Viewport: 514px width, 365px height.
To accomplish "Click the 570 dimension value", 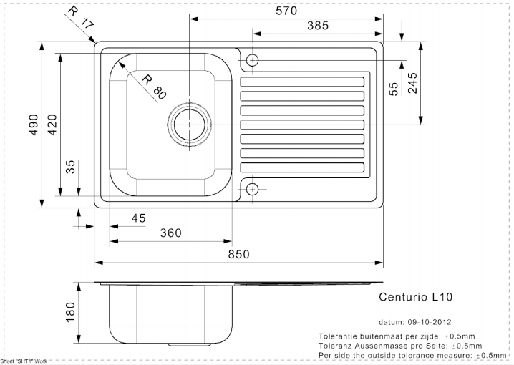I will (284, 11).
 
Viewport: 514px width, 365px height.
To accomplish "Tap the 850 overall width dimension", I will (238, 254).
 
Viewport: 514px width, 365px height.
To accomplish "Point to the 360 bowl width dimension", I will (170, 233).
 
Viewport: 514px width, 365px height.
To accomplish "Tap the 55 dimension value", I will (393, 89).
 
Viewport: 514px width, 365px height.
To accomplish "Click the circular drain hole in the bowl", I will (189, 124).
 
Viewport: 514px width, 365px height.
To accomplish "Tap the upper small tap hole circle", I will (252, 60).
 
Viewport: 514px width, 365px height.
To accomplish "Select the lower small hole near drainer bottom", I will (252, 189).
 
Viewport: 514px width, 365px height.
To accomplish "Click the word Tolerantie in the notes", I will (339, 335).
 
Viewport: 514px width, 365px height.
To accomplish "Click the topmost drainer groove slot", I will (304, 79).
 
